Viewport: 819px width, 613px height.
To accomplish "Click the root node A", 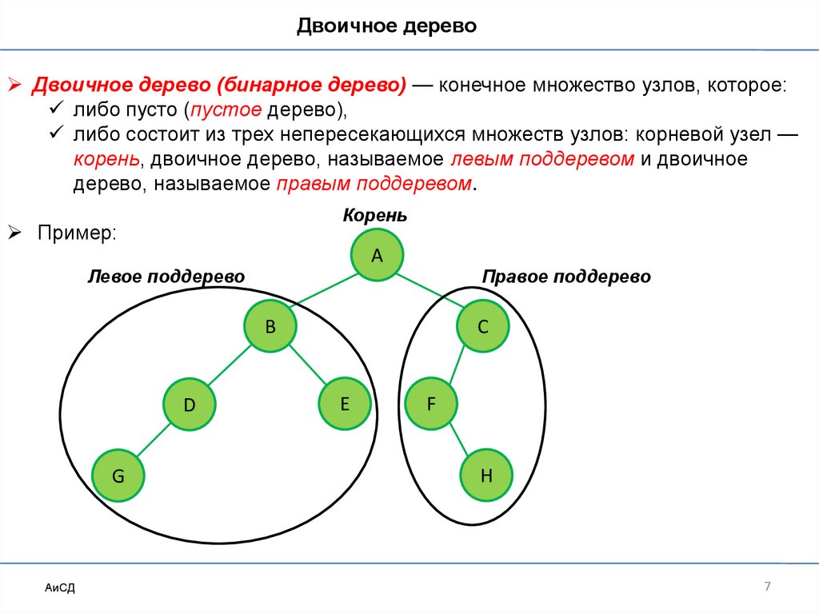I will click(378, 255).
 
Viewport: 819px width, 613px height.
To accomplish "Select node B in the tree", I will click(270, 326).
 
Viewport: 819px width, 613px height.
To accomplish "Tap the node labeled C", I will click(482, 326).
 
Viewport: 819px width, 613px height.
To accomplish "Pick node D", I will click(190, 405).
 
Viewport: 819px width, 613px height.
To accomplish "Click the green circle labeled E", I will click(344, 404).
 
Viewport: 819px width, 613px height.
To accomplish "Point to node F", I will click(430, 404).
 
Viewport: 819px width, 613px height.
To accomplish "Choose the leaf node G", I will click(118, 476).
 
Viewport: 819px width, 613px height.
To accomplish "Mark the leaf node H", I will click(485, 476).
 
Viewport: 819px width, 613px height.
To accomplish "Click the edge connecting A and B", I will click(324, 290).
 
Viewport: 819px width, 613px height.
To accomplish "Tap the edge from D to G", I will click(154, 441).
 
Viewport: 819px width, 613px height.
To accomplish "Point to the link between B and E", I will click(307, 365).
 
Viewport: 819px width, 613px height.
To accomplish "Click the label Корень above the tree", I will click(375, 216).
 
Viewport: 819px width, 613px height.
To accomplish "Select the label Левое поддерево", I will click(166, 277).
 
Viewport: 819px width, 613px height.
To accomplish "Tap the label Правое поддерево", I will click(566, 277).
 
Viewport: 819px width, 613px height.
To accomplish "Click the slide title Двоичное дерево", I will click(387, 27).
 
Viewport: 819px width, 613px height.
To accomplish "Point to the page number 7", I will click(767, 587).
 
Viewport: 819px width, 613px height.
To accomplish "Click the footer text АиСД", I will click(60, 589).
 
